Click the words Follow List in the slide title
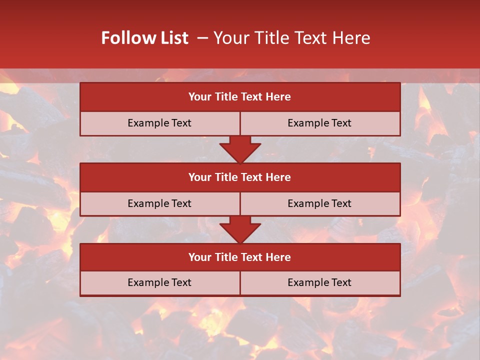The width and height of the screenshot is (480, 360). point(144,38)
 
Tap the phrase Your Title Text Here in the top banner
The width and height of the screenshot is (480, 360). point(291,38)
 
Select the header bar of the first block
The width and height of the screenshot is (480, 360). point(240,97)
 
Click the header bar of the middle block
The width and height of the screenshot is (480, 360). point(240,177)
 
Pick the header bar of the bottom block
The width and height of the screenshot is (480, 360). point(240,257)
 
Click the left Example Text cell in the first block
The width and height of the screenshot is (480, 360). point(159,123)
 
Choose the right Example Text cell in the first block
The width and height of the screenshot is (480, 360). point(320,123)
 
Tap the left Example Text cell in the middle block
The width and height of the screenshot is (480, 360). point(159,204)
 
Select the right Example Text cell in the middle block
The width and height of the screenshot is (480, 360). point(320,204)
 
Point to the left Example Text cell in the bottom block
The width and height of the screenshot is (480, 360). point(159,283)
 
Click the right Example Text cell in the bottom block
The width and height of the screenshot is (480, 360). point(320,283)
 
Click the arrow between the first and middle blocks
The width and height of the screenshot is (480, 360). point(240,149)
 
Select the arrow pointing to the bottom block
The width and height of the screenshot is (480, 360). point(240,230)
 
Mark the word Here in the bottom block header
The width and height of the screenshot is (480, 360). point(278,257)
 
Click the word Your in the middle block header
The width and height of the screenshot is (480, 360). point(199,177)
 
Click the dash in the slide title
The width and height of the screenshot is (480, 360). point(202,38)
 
